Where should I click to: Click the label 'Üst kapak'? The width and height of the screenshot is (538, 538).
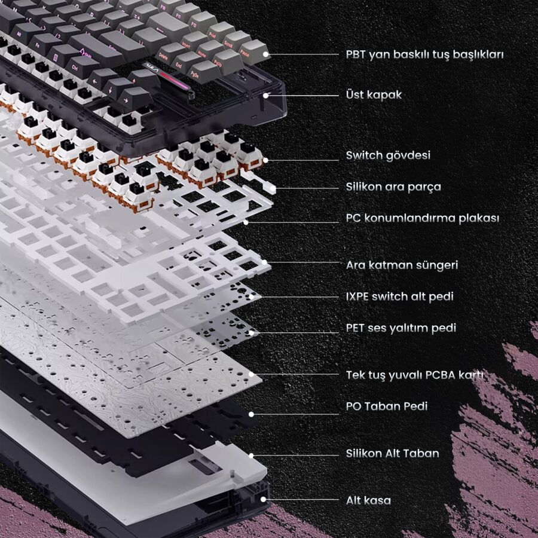pyautogui.click(x=374, y=94)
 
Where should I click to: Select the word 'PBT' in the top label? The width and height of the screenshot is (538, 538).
pyautogui.click(x=356, y=54)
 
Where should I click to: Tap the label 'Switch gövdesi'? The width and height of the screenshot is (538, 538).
pyautogui.click(x=388, y=156)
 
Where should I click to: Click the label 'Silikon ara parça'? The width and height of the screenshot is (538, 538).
pyautogui.click(x=393, y=187)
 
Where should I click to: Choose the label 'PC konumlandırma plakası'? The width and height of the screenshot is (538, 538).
pyautogui.click(x=423, y=218)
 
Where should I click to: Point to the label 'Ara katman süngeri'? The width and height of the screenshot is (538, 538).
pyautogui.click(x=402, y=265)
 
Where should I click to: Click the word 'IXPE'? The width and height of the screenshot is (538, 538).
pyautogui.click(x=357, y=296)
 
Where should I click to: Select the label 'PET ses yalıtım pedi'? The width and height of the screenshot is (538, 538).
pyautogui.click(x=401, y=328)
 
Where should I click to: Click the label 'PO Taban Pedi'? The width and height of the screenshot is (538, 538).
pyautogui.click(x=387, y=406)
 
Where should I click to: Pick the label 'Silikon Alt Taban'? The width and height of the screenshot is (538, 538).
pyautogui.click(x=393, y=453)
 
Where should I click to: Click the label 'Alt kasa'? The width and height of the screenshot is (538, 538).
pyautogui.click(x=368, y=500)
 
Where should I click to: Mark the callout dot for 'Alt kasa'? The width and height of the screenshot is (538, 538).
pyautogui.click(x=264, y=500)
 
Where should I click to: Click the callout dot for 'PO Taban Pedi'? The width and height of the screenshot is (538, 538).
pyautogui.click(x=251, y=414)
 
